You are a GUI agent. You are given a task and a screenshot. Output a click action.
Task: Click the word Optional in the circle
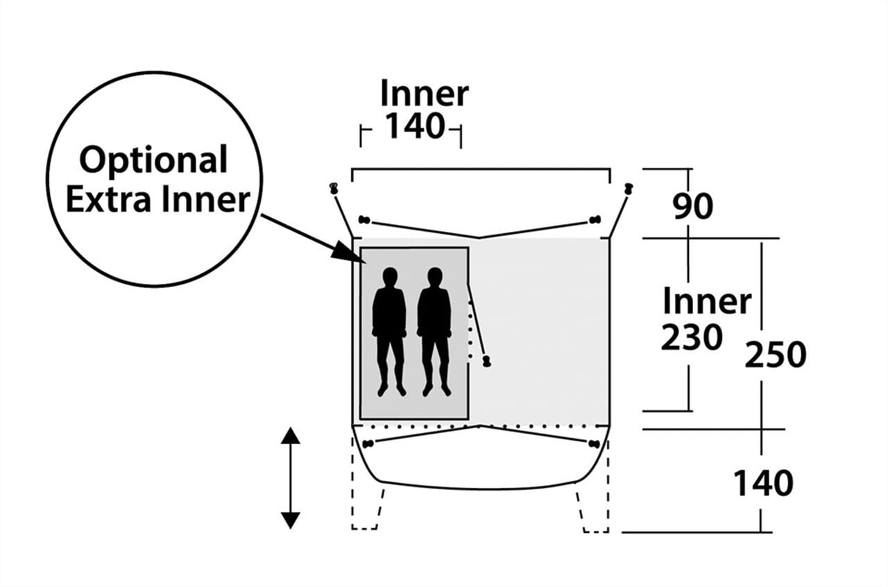click(153, 161)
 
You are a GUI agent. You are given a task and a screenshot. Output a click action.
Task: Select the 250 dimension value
click(776, 355)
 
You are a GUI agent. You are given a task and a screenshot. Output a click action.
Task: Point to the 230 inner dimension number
click(691, 339)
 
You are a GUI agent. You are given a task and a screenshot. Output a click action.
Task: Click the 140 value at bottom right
click(763, 484)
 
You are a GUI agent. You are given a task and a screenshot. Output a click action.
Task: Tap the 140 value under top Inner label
click(413, 127)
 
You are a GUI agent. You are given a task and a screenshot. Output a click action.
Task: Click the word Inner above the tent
click(424, 94)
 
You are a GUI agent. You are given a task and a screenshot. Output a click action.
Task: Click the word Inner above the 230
click(706, 302)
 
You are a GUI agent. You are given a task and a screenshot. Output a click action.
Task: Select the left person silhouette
click(389, 330)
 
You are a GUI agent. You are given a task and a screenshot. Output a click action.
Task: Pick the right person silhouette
click(434, 330)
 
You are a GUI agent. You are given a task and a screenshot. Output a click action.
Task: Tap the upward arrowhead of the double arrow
click(291, 436)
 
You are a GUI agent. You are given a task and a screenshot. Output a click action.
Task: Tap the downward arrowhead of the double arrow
click(291, 520)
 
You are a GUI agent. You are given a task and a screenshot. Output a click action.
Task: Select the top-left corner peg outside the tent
click(334, 187)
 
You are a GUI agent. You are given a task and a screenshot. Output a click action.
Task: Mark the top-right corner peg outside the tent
click(629, 188)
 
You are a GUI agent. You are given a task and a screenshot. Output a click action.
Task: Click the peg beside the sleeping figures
click(486, 361)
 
